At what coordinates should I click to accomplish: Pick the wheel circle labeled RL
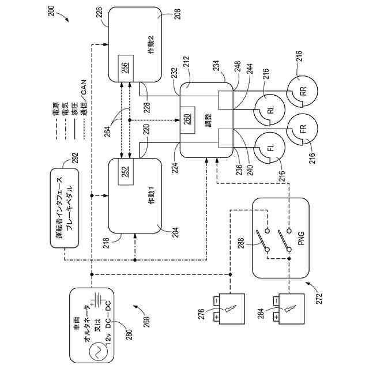click(269, 109)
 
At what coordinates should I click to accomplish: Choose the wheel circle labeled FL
click(269, 148)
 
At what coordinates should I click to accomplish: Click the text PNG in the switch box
click(301, 236)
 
